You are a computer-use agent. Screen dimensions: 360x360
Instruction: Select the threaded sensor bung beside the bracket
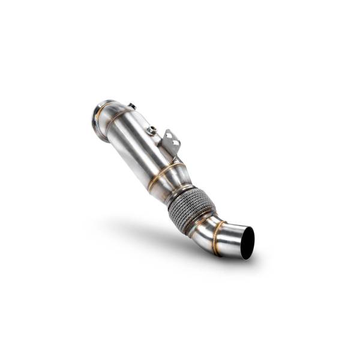(x=152, y=130)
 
